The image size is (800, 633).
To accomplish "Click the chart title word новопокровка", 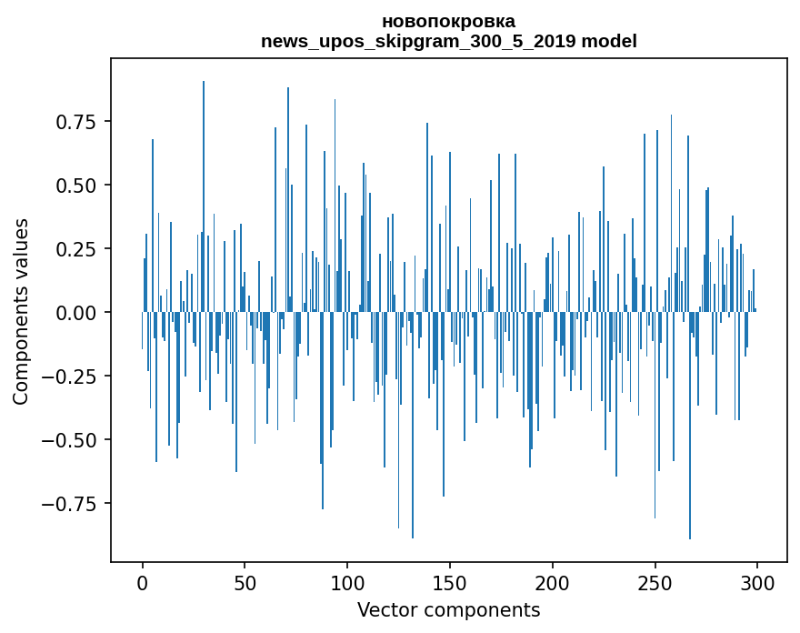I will tap(448, 21).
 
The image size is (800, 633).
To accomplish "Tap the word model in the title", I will tap(610, 41).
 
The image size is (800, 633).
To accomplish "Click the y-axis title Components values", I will tap(21, 311).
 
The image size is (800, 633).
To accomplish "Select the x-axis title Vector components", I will tap(448, 610).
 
